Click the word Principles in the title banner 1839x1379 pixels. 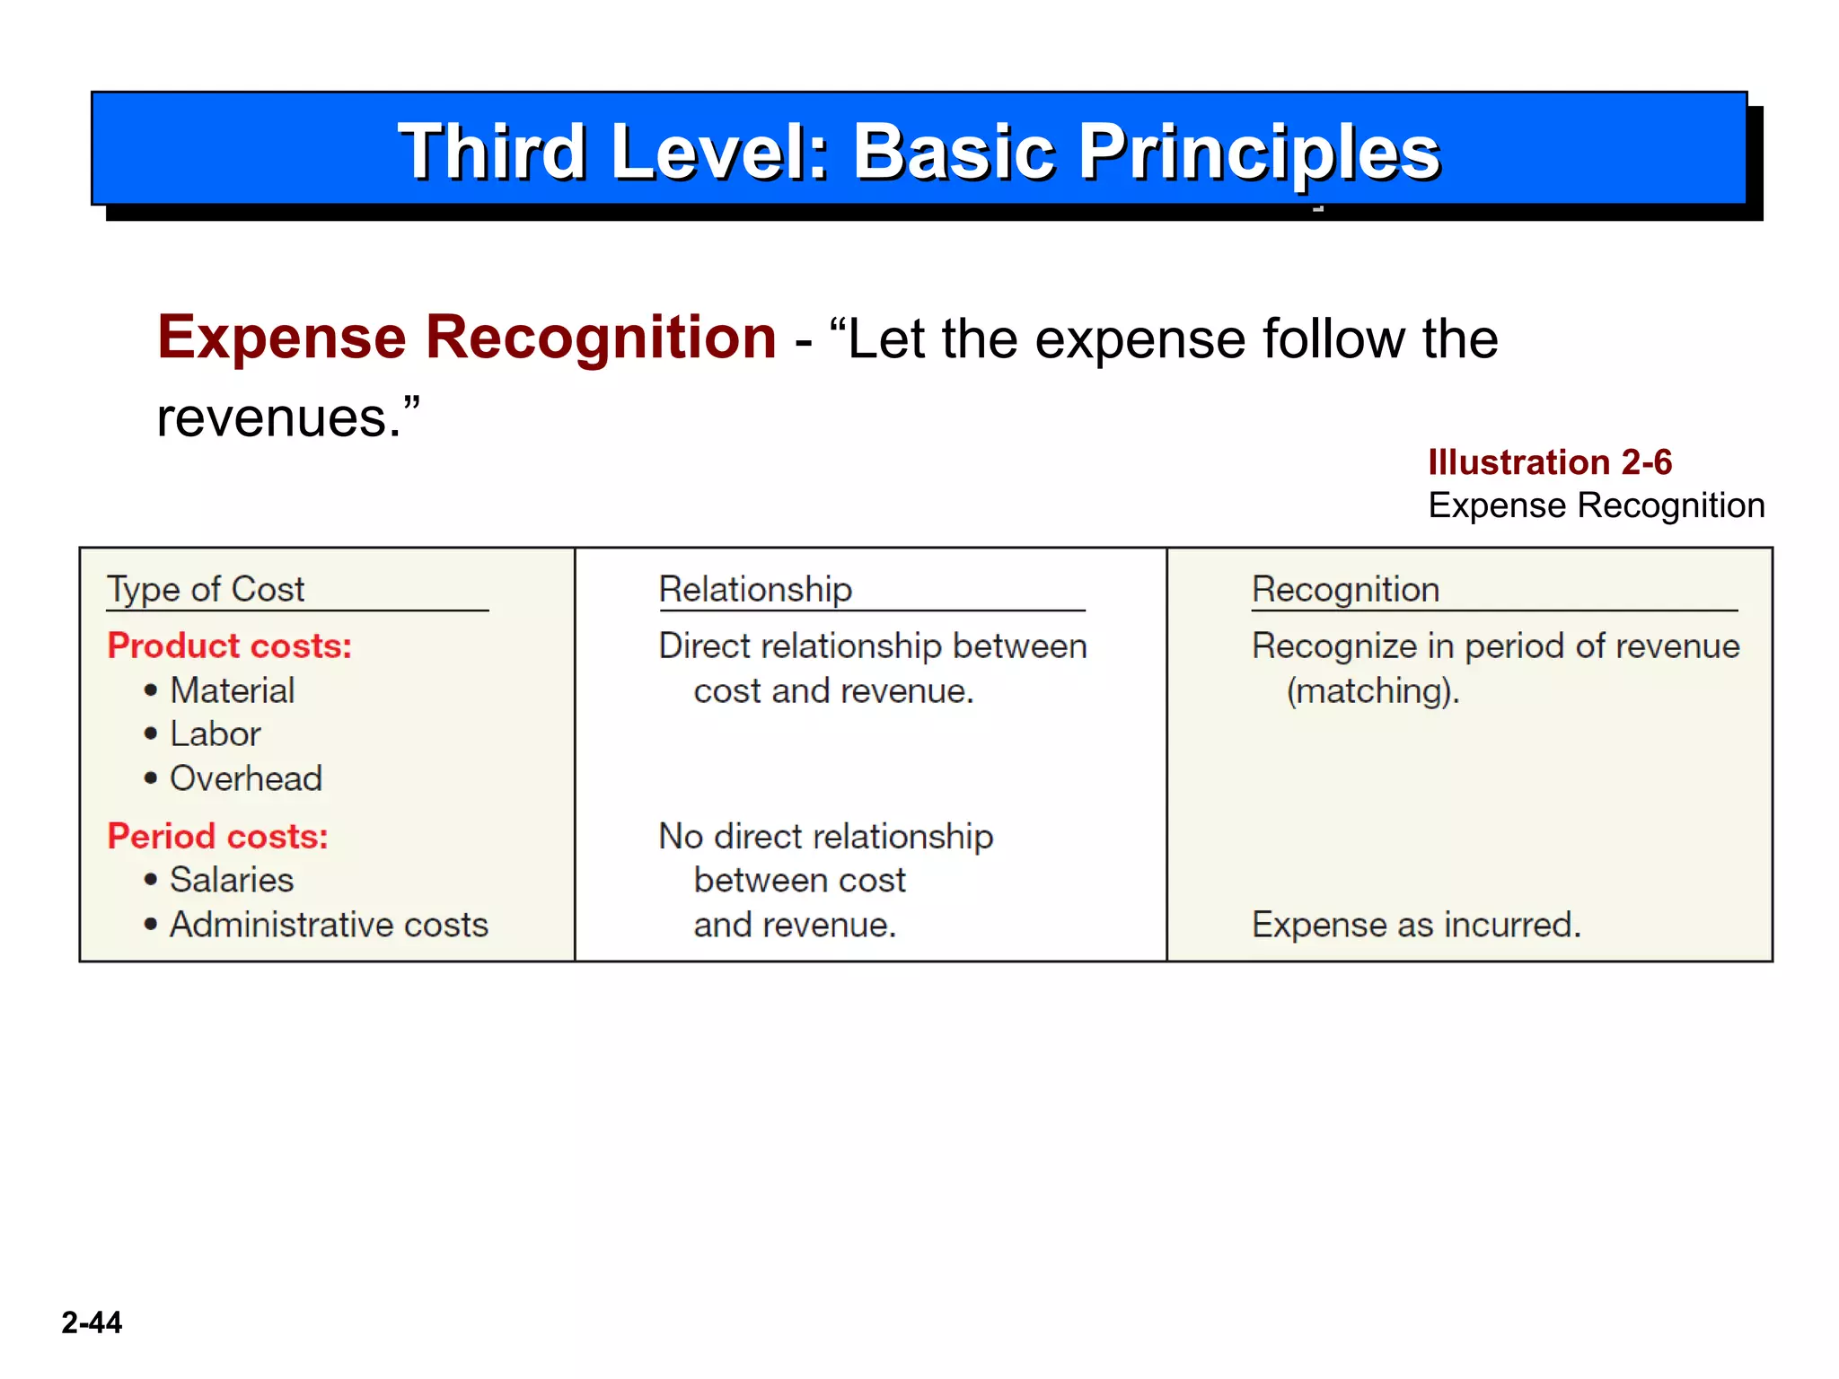[x=1259, y=153]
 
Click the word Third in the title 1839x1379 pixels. [x=492, y=153]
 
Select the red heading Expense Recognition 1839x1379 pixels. [x=467, y=338]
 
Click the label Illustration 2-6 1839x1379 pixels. [x=1550, y=462]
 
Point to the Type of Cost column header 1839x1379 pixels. [x=206, y=590]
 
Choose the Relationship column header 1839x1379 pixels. [x=755, y=590]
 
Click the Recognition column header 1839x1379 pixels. [x=1345, y=590]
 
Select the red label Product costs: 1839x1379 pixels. [x=229, y=646]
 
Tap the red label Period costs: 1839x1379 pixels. [x=217, y=837]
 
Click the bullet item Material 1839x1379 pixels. [x=232, y=691]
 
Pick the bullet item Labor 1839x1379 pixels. [x=216, y=734]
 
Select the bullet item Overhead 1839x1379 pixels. [x=245, y=779]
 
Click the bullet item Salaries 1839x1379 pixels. [x=232, y=881]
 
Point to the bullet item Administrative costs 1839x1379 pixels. [x=329, y=926]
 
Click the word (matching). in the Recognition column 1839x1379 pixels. [x=1373, y=691]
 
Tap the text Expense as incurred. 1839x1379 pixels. [x=1416, y=926]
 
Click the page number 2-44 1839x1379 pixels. [x=92, y=1322]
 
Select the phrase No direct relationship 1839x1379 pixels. [x=825, y=837]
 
